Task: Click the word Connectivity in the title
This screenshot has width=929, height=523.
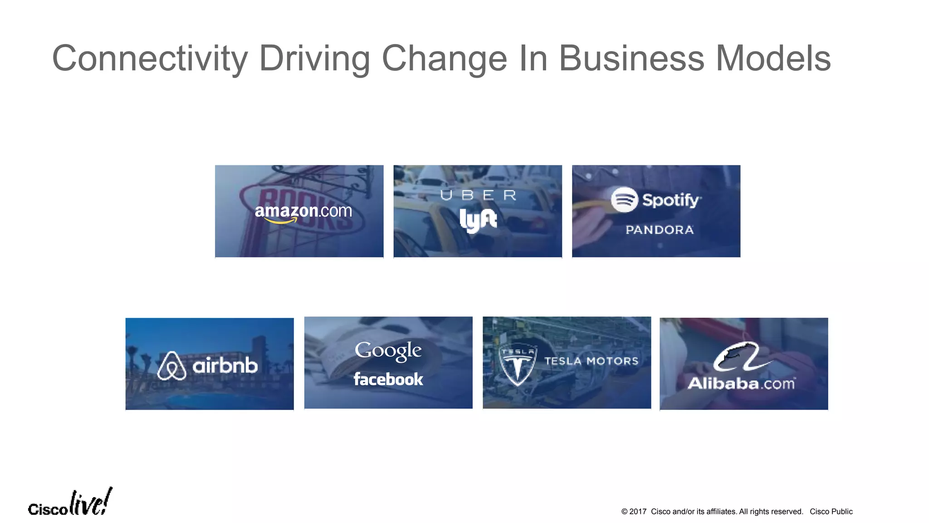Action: pyautogui.click(x=150, y=59)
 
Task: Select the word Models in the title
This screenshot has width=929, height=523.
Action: pyautogui.click(x=773, y=59)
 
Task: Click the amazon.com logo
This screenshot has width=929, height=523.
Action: pyautogui.click(x=303, y=212)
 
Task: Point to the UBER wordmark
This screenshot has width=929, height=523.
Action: pyautogui.click(x=478, y=195)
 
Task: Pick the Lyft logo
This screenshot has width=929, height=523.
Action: pyautogui.click(x=478, y=221)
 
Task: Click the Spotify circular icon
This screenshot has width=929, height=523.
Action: pyautogui.click(x=624, y=200)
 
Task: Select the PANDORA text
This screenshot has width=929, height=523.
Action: pyautogui.click(x=660, y=230)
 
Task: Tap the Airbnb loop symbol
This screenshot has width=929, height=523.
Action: pyautogui.click(x=171, y=365)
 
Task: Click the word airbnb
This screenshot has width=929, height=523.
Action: pyautogui.click(x=225, y=365)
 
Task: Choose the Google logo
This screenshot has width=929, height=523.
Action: pyautogui.click(x=388, y=350)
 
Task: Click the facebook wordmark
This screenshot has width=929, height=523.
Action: pyautogui.click(x=388, y=379)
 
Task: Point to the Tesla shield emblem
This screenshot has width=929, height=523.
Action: pyautogui.click(x=518, y=365)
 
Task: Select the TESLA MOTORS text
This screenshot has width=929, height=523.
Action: pyautogui.click(x=591, y=361)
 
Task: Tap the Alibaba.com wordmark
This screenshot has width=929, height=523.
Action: pyautogui.click(x=741, y=384)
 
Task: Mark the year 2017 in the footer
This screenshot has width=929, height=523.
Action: pyautogui.click(x=637, y=512)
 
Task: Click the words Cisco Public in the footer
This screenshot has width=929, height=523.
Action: pyautogui.click(x=831, y=512)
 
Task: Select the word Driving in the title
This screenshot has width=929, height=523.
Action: pyautogui.click(x=314, y=59)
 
